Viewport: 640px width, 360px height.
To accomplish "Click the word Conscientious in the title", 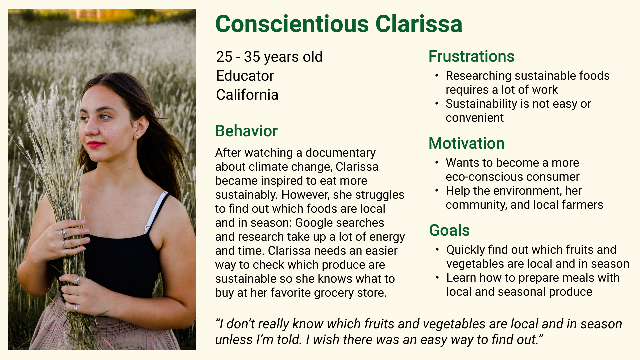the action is click(x=292, y=24).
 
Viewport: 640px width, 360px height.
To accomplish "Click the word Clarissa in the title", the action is click(x=419, y=24).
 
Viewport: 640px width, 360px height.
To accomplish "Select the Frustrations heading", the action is click(x=471, y=56).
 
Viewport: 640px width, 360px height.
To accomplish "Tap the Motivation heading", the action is click(x=466, y=143).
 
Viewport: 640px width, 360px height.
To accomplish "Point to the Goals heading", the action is click(x=449, y=230).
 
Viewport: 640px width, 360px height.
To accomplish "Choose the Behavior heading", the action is click(x=246, y=131).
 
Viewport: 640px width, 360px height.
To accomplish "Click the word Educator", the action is click(x=245, y=76).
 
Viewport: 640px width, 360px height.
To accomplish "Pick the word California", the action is click(x=247, y=95).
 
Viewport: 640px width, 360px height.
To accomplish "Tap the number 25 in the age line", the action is click(x=224, y=57).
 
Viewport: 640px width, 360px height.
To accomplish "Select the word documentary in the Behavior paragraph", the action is click(x=340, y=153).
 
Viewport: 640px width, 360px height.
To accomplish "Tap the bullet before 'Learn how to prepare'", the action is click(x=437, y=278).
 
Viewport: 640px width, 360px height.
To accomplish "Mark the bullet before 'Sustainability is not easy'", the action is click(x=437, y=104).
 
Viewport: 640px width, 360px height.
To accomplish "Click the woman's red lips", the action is click(x=95, y=144).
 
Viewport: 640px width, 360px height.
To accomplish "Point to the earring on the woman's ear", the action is click(x=137, y=136).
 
